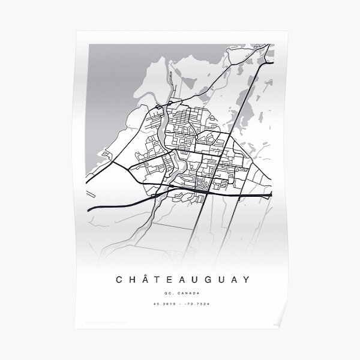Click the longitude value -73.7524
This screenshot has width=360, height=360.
(x=197, y=306)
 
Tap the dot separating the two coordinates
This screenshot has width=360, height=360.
(x=181, y=306)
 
